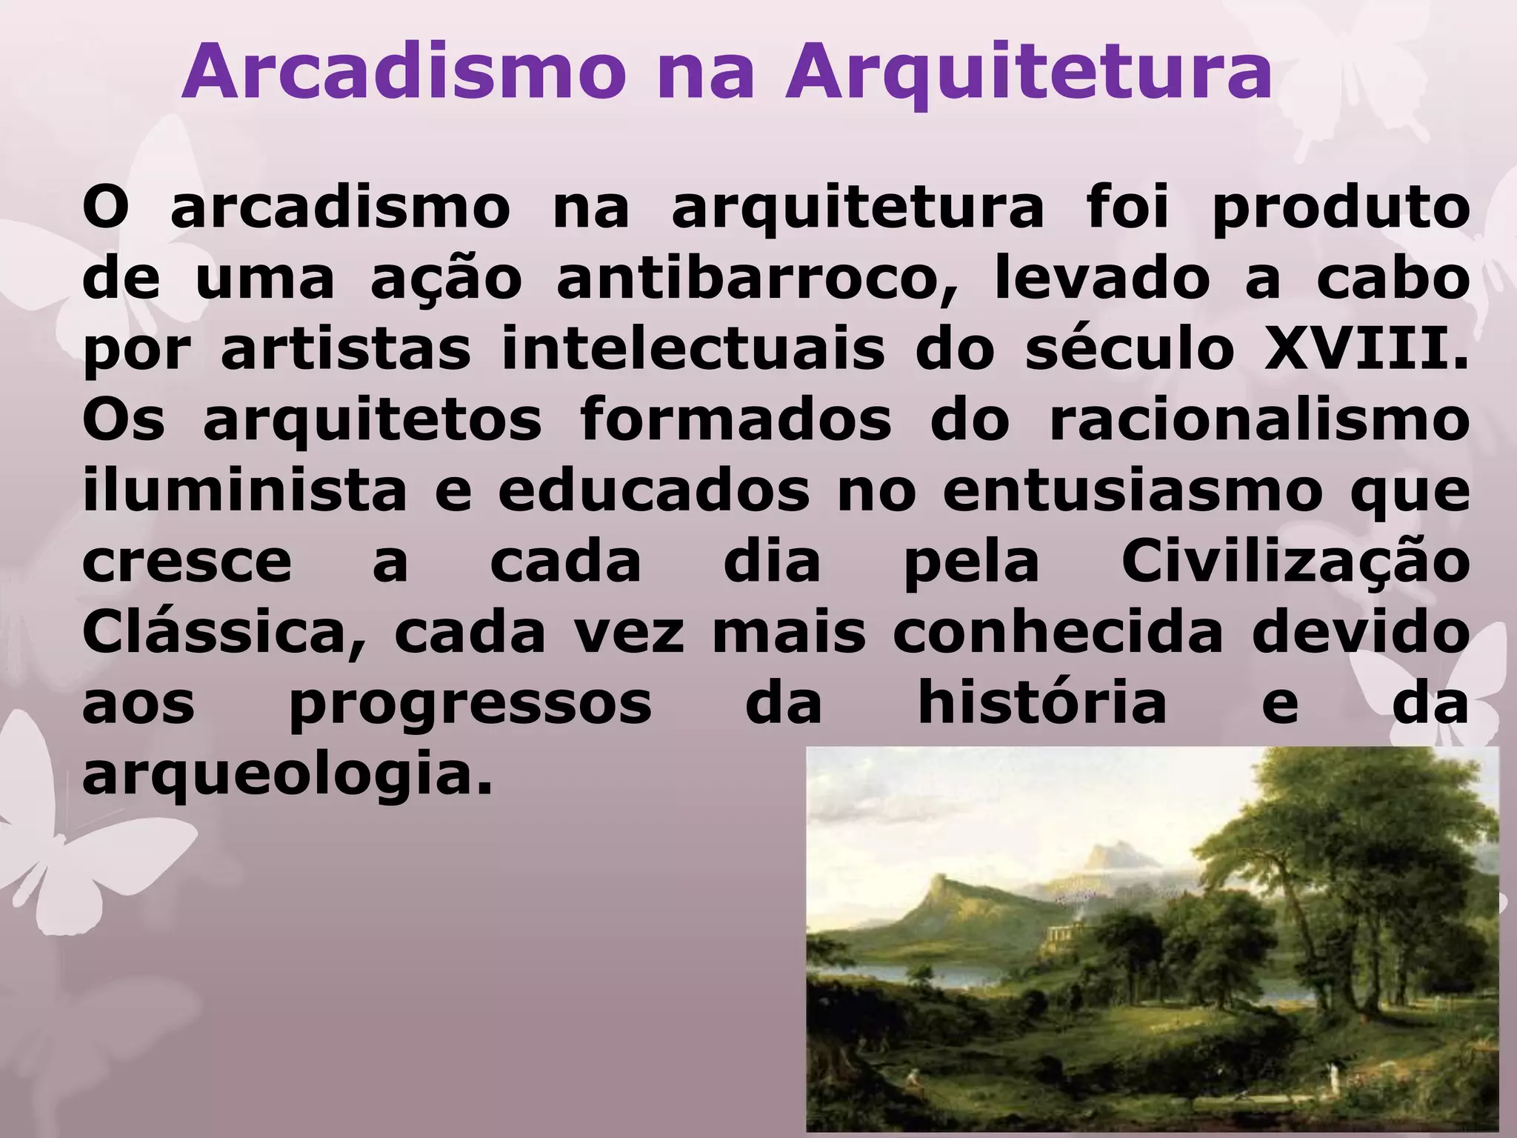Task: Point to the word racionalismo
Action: [x=1258, y=421]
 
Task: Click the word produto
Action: [x=1340, y=212]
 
